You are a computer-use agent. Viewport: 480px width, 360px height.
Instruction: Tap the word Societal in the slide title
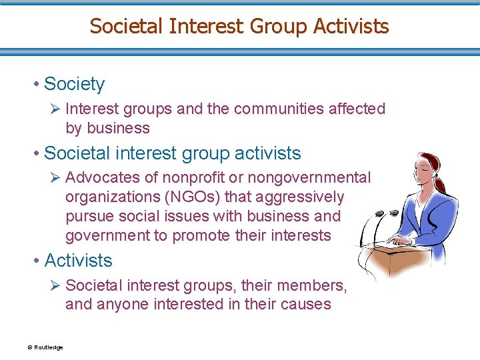click(126, 26)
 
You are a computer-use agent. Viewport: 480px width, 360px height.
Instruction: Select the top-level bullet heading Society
click(74, 84)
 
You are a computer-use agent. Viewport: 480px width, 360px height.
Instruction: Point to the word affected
click(357, 109)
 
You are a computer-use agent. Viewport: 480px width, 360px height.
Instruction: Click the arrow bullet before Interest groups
click(55, 109)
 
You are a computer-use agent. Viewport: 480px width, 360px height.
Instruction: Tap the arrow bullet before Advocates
click(55, 178)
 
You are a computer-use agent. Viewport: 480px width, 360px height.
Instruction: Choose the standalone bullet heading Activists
click(78, 260)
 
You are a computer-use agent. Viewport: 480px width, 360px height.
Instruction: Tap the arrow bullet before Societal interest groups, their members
click(55, 286)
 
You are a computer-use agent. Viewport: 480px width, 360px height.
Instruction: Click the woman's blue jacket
click(437, 213)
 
